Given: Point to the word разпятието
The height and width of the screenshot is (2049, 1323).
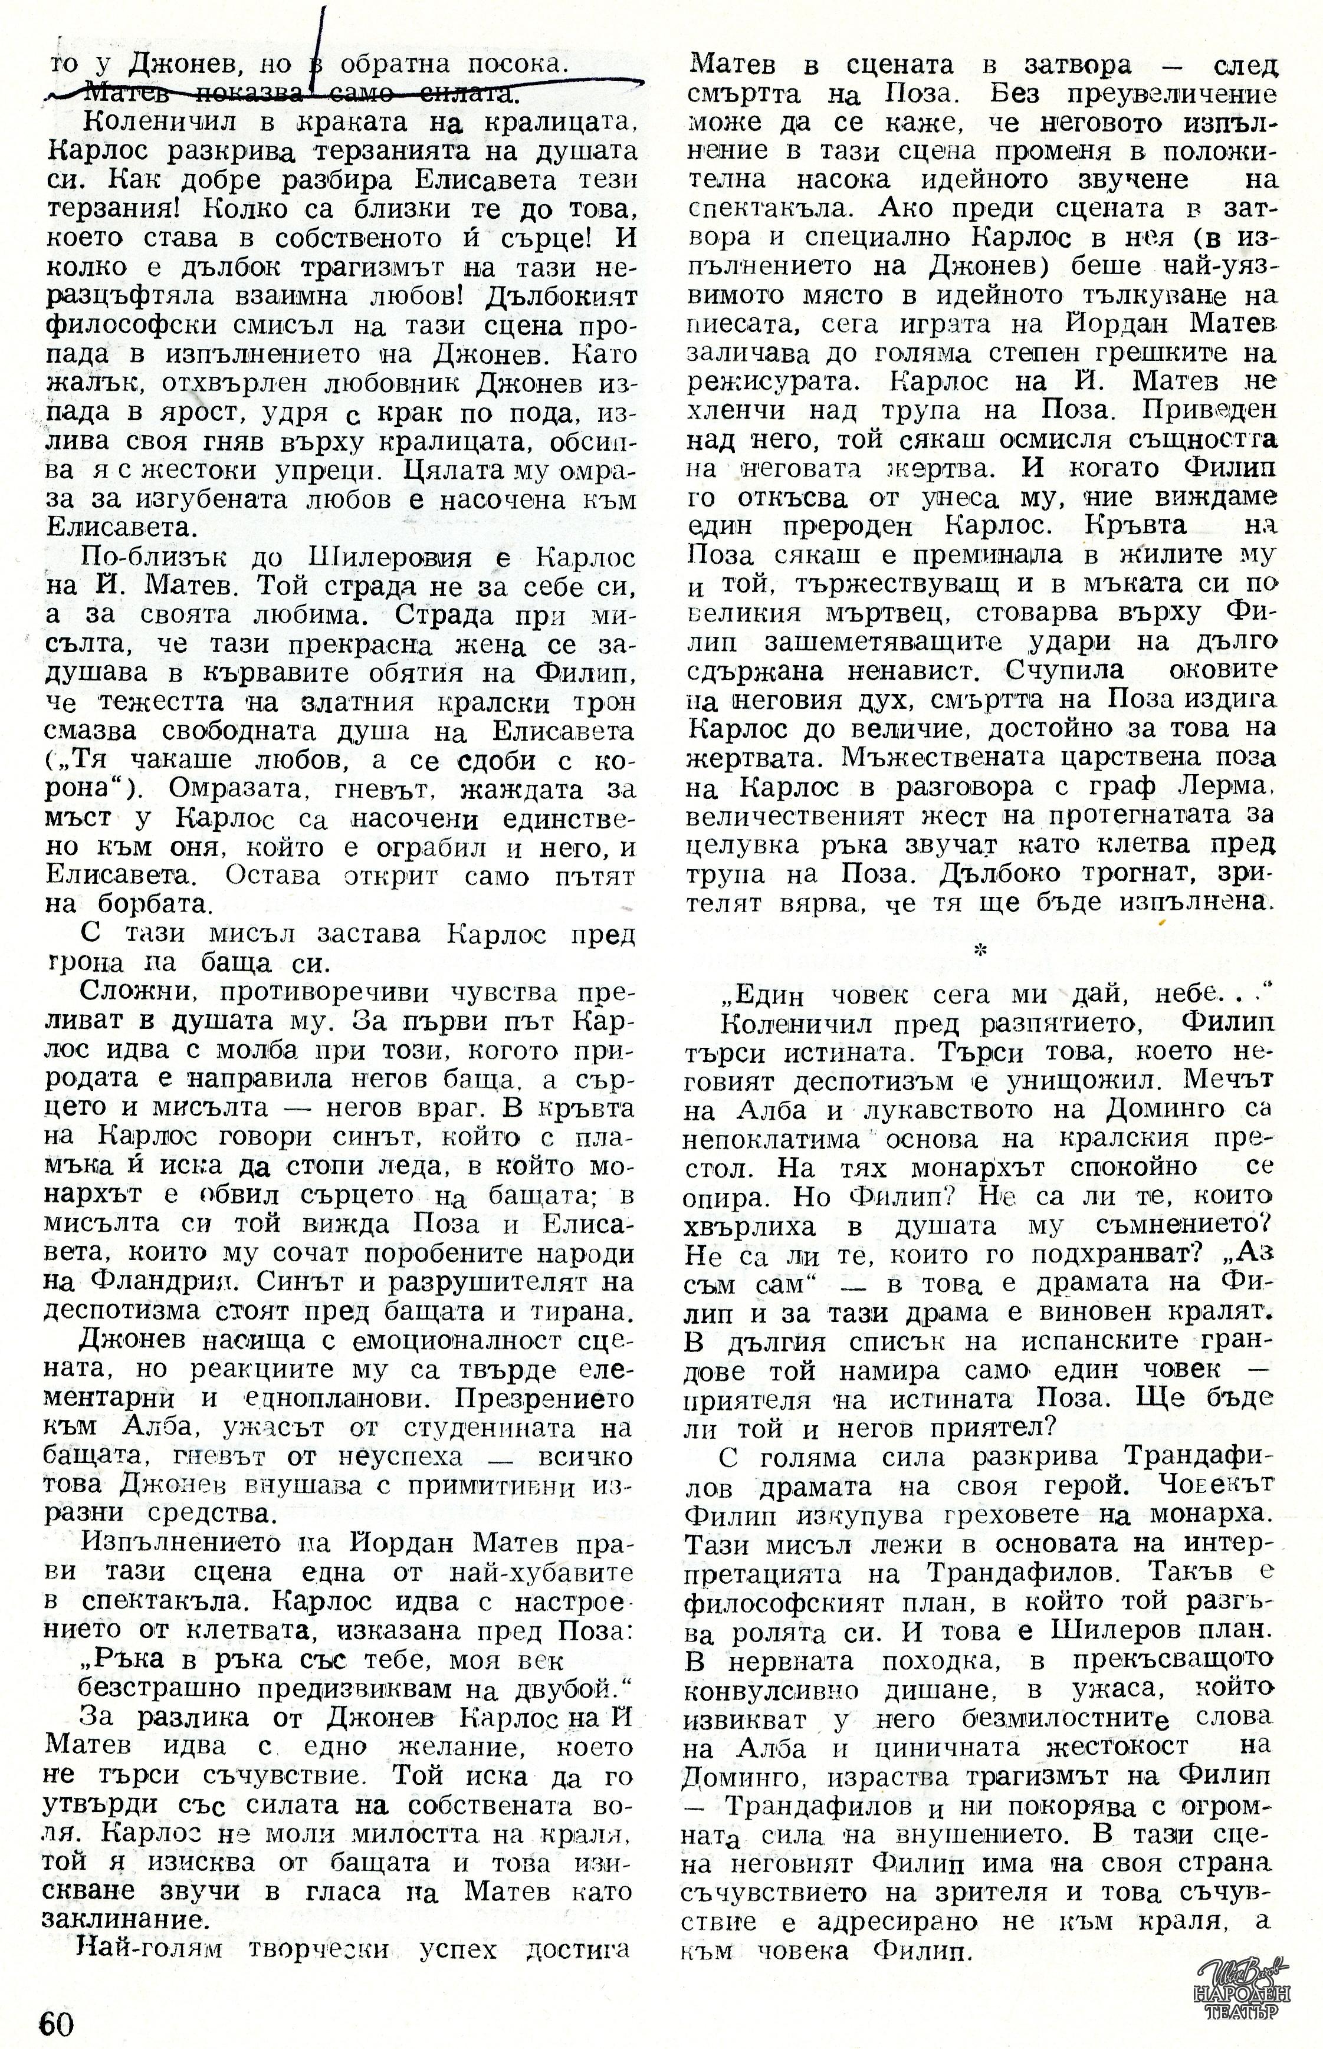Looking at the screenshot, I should pos(1049,1025).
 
